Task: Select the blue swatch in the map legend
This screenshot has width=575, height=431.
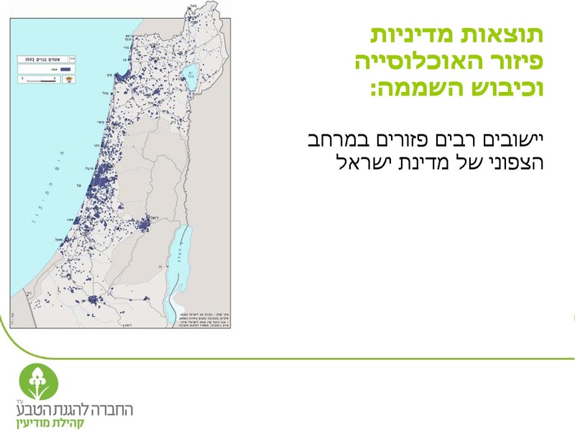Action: [x=67, y=69]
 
